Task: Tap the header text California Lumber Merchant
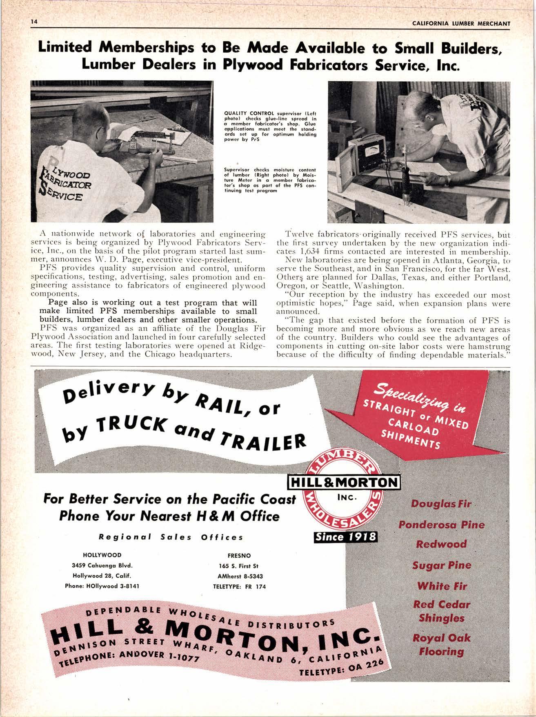(461, 23)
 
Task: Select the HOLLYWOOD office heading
(102, 556)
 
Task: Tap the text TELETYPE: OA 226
(341, 670)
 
